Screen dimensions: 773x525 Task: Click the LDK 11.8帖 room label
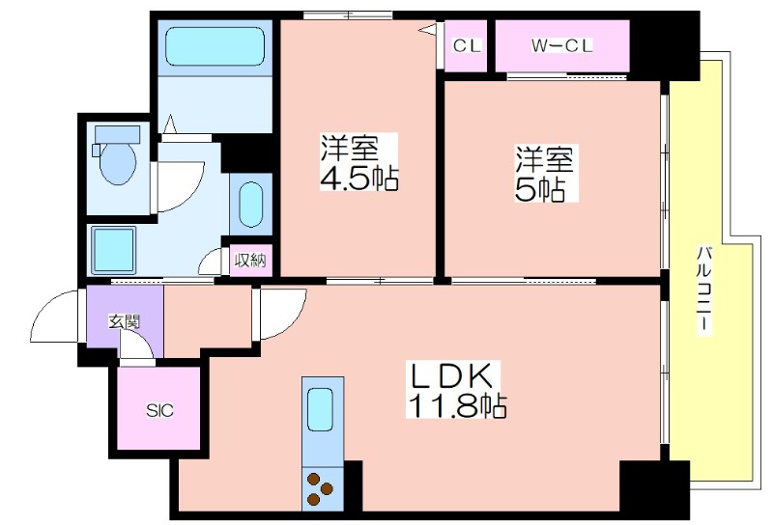point(456,390)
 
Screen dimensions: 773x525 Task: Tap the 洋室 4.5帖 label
point(358,162)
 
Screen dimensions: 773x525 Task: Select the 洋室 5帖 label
point(546,174)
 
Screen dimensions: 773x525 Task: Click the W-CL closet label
point(562,46)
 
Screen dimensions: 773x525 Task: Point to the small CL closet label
point(466,46)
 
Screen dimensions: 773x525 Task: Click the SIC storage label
point(159,410)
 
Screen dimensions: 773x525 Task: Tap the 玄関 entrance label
point(125,321)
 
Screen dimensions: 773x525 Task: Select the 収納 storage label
point(250,260)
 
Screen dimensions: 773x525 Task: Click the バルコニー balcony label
point(704,291)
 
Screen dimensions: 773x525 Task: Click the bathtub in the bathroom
point(215,46)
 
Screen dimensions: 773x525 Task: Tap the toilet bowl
point(118,163)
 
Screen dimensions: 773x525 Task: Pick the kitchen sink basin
point(321,410)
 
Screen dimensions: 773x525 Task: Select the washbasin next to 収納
point(251,205)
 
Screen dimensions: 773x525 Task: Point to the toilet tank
point(117,134)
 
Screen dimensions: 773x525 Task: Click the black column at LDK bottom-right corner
point(654,487)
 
